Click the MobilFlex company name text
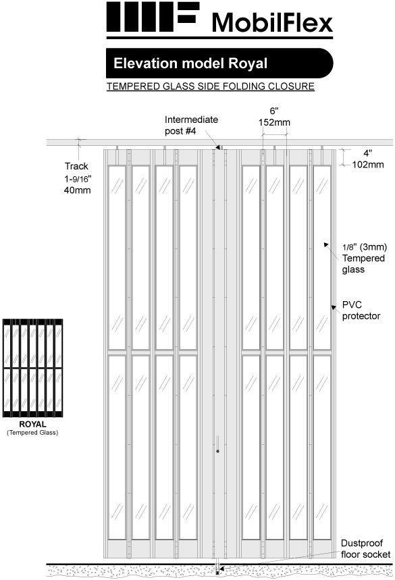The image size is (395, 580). pyautogui.click(x=272, y=23)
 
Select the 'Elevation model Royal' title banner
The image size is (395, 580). pyautogui.click(x=191, y=64)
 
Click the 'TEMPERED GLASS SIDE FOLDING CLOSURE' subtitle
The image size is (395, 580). pyautogui.click(x=211, y=87)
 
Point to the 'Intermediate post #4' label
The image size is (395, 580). pyautogui.click(x=191, y=125)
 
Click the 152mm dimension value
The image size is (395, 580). pyautogui.click(x=273, y=123)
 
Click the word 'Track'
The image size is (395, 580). pyautogui.click(x=76, y=166)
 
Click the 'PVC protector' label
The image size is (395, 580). pyautogui.click(x=362, y=311)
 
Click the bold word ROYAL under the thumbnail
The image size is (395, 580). pyautogui.click(x=32, y=425)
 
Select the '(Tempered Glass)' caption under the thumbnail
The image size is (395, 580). pyautogui.click(x=32, y=432)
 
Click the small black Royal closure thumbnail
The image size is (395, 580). pyautogui.click(x=32, y=368)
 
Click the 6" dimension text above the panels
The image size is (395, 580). pyautogui.click(x=273, y=110)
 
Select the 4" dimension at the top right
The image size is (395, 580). pyautogui.click(x=367, y=152)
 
